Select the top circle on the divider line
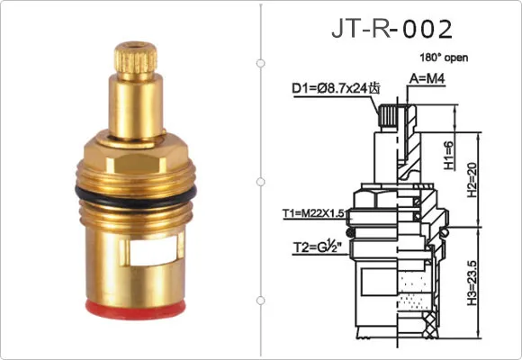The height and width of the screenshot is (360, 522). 260,63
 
